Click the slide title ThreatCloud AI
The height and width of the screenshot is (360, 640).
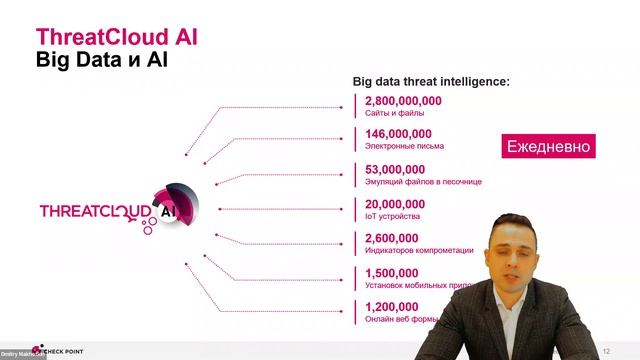click(117, 37)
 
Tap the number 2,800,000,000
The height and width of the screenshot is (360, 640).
click(403, 101)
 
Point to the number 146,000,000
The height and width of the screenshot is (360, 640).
click(398, 134)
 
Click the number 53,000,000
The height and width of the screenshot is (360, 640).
click(395, 169)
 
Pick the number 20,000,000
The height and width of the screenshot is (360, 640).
click(395, 203)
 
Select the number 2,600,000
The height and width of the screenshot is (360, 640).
click(391, 238)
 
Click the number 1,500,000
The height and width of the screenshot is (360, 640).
click(391, 273)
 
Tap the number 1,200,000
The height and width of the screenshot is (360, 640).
click(391, 307)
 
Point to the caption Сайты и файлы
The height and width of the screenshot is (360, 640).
click(394, 114)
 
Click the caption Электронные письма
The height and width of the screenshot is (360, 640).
click(404, 146)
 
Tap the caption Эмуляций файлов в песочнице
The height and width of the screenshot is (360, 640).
click(424, 182)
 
